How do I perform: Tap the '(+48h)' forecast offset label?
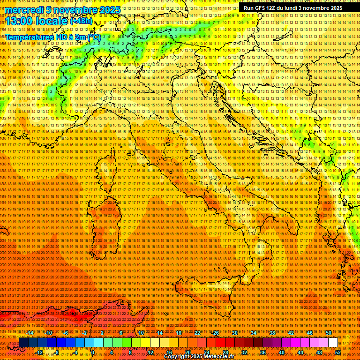click(81, 22)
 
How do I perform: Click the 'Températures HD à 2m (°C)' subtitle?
click(53, 37)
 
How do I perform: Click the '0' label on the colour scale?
click(93, 352)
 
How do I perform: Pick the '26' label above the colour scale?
click(216, 333)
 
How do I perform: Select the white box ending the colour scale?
click(333, 343)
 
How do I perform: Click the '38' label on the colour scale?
click(272, 333)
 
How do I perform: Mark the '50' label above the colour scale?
click(328, 333)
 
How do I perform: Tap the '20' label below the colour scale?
click(187, 352)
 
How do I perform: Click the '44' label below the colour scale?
click(300, 352)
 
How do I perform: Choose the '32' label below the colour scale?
click(244, 352)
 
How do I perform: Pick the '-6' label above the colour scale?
click(66, 333)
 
